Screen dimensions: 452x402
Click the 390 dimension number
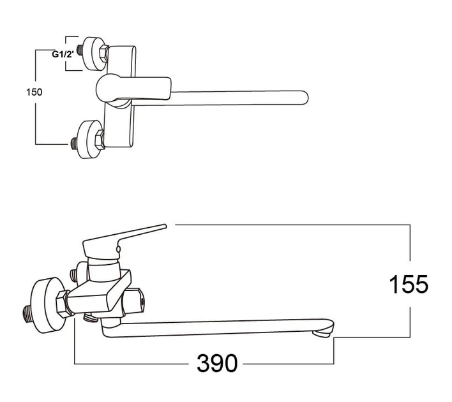point(217,363)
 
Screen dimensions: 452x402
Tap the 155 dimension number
point(409,285)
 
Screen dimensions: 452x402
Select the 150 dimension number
point(34,93)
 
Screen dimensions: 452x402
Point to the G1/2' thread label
point(63,54)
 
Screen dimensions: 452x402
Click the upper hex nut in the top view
point(103,53)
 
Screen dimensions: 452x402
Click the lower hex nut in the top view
point(100,140)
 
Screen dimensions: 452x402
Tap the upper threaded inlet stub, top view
point(80,50)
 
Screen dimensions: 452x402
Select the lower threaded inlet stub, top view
point(74,143)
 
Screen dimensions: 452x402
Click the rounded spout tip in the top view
point(304,98)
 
